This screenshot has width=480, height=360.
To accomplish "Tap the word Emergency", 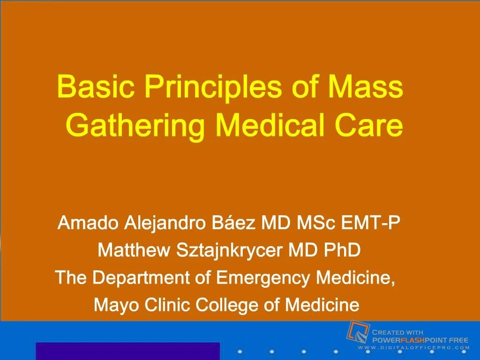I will (262, 278).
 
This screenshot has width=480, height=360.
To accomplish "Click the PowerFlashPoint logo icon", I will (359, 332).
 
